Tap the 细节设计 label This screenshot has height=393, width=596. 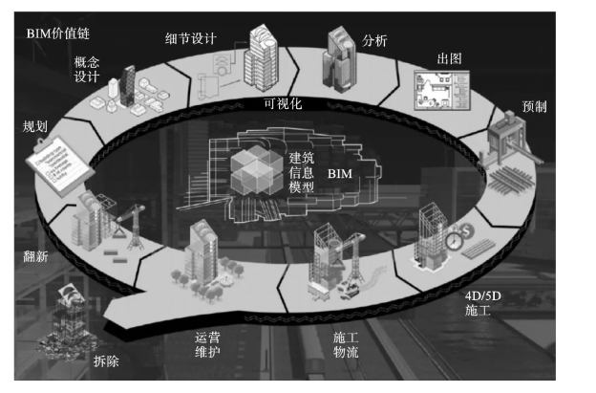(191, 39)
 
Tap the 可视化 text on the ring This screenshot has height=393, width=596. (282, 104)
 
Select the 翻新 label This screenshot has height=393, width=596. (36, 256)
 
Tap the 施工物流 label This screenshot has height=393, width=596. (346, 346)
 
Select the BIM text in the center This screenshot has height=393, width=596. (340, 176)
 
